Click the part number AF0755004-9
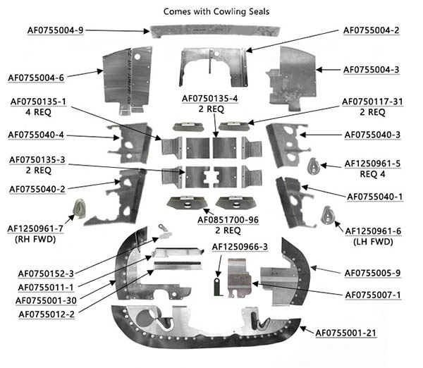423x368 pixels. [56, 30]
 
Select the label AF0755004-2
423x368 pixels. [372, 30]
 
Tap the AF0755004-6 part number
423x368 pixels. [37, 78]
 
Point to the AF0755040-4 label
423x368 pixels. [37, 135]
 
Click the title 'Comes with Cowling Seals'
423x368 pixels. [211, 11]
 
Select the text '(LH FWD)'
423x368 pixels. [372, 241]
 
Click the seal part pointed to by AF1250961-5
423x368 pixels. [315, 166]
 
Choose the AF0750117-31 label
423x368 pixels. [372, 102]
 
